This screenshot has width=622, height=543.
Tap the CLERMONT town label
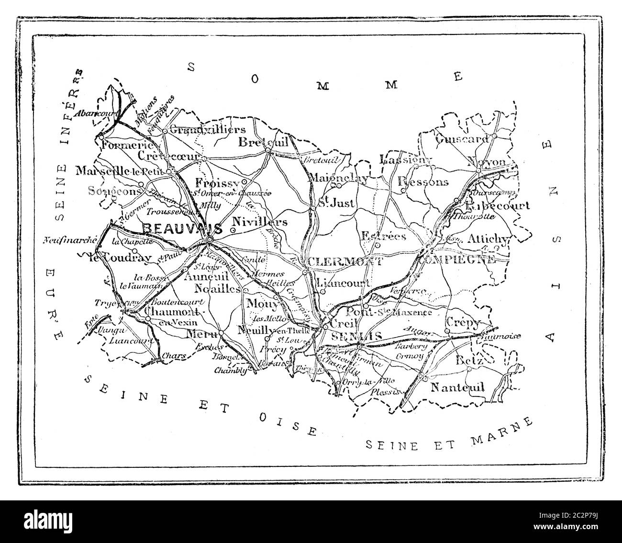click(x=345, y=261)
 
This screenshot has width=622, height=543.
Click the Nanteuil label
click(x=457, y=387)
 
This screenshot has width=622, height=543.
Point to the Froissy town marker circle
click(x=244, y=182)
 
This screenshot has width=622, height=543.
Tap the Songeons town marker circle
click(x=141, y=184)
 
